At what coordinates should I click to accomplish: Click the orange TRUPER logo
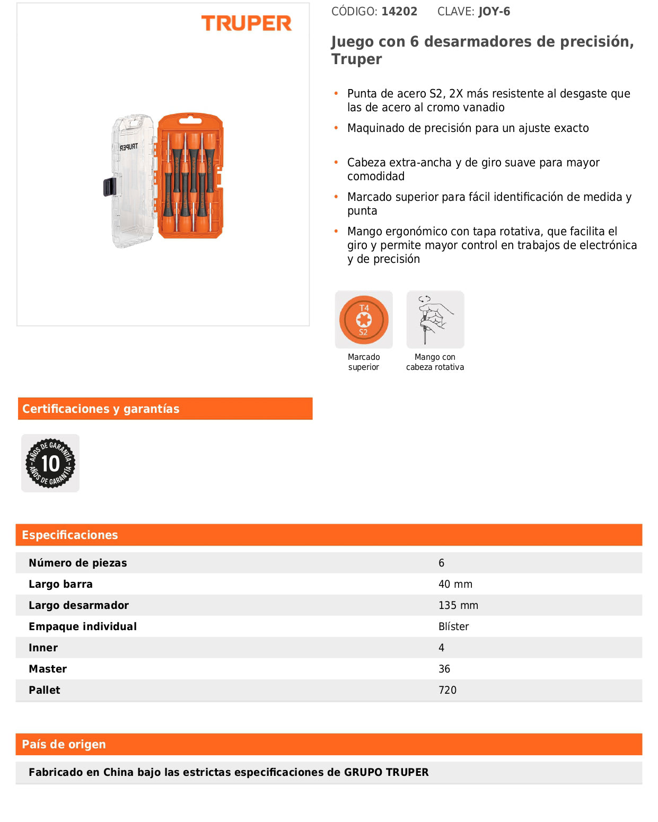(x=247, y=23)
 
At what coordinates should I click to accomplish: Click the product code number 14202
(x=399, y=12)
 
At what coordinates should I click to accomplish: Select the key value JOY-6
(x=494, y=12)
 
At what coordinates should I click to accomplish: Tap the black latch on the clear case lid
(x=109, y=187)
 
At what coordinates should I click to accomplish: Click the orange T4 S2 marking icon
(x=364, y=320)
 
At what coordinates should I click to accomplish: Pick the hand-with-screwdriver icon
(x=435, y=320)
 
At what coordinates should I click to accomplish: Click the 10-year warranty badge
(x=50, y=463)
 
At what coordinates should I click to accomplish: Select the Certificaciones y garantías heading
(x=101, y=409)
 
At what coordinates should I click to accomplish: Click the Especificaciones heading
(x=70, y=535)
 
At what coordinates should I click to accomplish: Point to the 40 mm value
(x=455, y=584)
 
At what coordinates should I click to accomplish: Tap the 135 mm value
(x=458, y=605)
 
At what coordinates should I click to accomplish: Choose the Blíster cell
(x=453, y=626)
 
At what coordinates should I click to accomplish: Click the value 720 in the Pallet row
(x=447, y=690)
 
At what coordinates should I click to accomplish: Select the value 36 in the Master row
(x=444, y=669)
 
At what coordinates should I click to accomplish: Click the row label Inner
(x=43, y=648)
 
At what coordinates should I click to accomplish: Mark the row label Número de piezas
(x=78, y=563)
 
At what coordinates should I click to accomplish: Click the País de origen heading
(x=64, y=744)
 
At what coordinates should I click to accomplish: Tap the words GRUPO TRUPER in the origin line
(x=386, y=772)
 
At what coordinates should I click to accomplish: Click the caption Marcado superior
(x=364, y=362)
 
